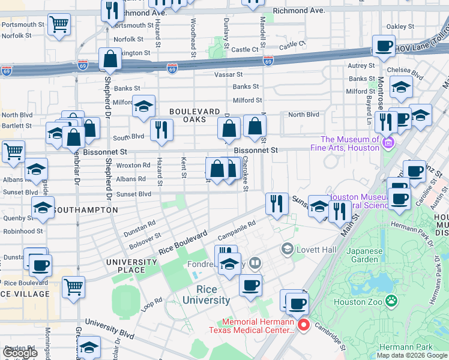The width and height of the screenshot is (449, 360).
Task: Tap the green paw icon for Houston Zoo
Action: coord(391,299)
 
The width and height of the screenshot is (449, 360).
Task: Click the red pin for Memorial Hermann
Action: coord(304,325)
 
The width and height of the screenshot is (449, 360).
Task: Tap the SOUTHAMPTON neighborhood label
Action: coord(85,211)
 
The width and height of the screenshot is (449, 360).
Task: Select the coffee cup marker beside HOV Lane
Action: coord(384,46)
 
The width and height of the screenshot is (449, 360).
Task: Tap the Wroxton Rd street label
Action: coord(133,165)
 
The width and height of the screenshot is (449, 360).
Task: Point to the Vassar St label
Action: coord(228,75)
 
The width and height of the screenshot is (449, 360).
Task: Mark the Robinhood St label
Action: coord(22,230)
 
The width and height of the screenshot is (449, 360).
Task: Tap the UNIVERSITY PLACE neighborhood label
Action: coord(131,266)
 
